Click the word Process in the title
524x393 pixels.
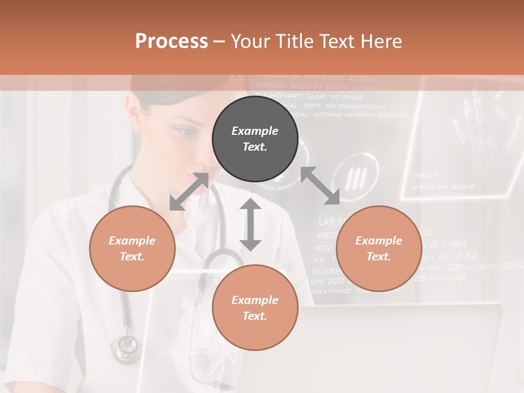(171, 41)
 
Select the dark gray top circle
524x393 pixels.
(255, 139)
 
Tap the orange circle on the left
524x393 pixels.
(132, 248)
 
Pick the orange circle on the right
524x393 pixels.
(379, 248)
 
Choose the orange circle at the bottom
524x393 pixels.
(255, 308)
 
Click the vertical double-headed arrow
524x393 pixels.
(251, 224)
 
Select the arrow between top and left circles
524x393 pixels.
(189, 192)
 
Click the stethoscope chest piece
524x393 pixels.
(127, 346)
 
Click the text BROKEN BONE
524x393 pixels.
(443, 187)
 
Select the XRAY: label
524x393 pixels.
(427, 175)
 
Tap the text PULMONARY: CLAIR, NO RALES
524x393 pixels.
(309, 97)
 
